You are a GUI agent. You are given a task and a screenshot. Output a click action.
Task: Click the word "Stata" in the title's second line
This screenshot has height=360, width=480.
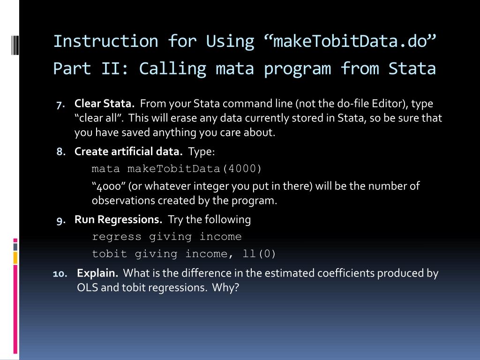tap(412, 68)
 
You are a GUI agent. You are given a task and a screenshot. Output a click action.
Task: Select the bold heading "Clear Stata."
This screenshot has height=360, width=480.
tap(105, 104)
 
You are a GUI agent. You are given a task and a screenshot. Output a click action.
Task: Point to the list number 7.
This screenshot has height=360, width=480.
tap(60, 104)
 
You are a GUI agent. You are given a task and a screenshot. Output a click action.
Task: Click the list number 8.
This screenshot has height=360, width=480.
tap(60, 152)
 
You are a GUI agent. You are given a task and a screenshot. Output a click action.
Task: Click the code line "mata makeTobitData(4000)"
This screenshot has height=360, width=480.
tap(177, 169)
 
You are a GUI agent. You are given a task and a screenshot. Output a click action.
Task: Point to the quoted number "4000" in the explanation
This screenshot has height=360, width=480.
tap(108, 186)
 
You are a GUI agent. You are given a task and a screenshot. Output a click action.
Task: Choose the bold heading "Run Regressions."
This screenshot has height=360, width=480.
tap(119, 219)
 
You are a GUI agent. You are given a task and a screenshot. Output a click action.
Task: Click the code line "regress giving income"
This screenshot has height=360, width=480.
tap(167, 237)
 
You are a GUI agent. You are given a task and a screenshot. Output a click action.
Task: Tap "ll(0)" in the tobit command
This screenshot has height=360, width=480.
tap(259, 254)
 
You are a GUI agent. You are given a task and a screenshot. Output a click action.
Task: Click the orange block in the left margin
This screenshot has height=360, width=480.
tap(15, 258)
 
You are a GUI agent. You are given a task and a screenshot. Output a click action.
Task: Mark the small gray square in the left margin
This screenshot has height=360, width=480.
tap(15, 246)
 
